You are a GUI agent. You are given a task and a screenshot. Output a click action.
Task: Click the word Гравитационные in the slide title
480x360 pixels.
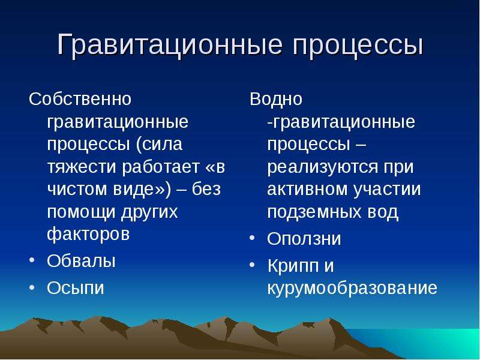click(169, 46)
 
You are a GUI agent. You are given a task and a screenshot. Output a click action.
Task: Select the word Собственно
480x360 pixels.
click(80, 99)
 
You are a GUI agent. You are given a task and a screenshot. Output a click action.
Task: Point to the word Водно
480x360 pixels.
click(276, 99)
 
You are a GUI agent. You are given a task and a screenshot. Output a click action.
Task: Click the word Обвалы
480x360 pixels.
click(81, 261)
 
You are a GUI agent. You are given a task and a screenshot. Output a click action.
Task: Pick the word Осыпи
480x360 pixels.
click(76, 288)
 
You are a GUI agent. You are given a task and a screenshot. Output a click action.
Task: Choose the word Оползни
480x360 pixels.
click(304, 238)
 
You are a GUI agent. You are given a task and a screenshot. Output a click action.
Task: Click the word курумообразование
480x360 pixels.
click(352, 288)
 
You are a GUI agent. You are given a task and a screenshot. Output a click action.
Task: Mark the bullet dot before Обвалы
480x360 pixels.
click(32, 260)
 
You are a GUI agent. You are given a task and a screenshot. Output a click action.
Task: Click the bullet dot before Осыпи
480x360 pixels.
click(32, 287)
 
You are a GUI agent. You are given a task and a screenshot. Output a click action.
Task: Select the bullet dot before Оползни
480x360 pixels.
click(252, 238)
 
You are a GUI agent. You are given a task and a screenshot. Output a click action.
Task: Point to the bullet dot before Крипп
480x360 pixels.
click(252, 264)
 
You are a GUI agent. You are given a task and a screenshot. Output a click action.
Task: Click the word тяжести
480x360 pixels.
click(82, 167)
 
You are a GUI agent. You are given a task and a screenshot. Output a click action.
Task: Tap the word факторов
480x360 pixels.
click(88, 235)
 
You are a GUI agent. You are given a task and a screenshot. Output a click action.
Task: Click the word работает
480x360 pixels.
click(161, 167)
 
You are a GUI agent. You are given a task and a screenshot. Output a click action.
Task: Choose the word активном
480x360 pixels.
click(307, 190)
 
